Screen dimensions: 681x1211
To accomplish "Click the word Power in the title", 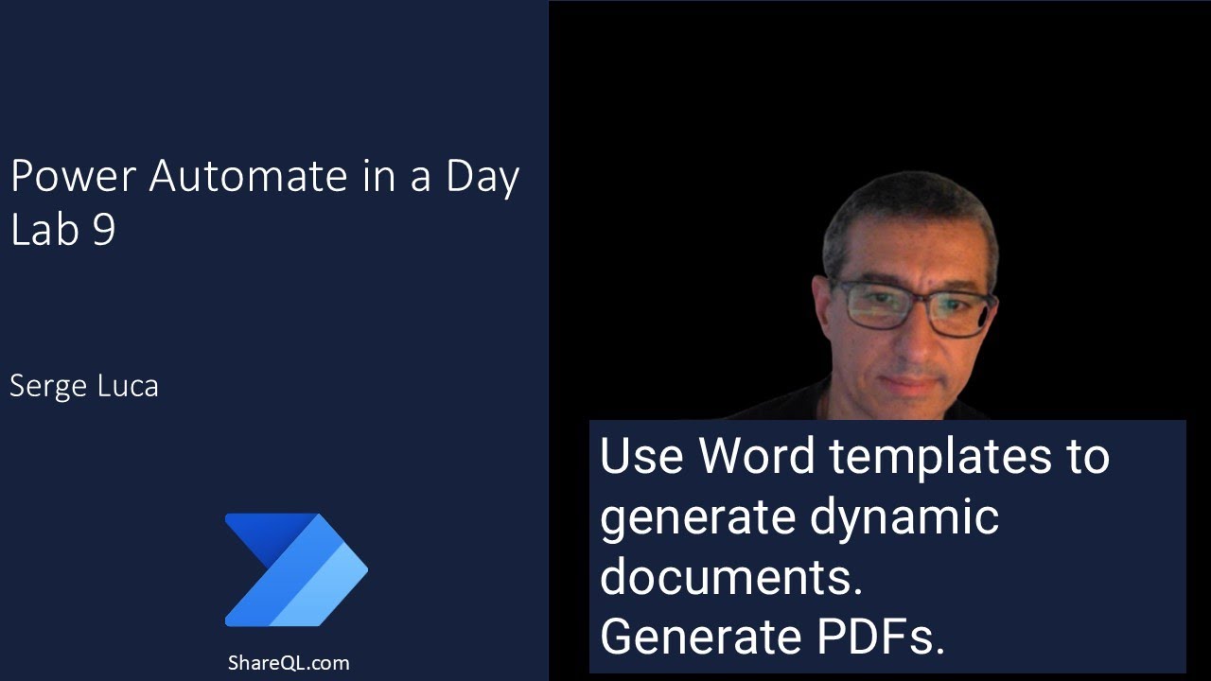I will [x=72, y=176].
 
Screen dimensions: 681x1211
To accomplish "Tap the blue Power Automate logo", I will [x=296, y=569].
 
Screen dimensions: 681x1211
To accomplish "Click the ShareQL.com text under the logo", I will [x=288, y=662].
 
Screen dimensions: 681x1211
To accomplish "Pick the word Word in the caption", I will [x=756, y=456].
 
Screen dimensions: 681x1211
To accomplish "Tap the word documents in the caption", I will [x=730, y=577].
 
